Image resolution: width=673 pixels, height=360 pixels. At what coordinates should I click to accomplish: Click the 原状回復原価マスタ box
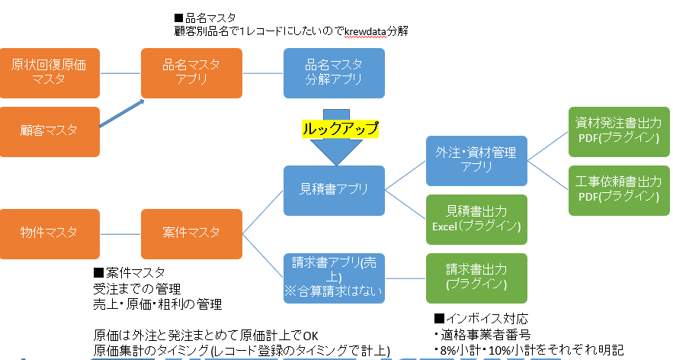(x=50, y=73)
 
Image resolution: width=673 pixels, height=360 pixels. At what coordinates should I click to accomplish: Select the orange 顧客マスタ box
(x=50, y=131)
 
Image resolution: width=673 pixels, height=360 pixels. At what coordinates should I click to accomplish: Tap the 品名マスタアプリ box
(x=191, y=73)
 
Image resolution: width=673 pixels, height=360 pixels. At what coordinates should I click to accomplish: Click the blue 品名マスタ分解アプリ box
(x=334, y=73)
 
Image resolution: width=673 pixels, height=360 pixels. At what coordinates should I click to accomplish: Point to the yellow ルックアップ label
(x=338, y=128)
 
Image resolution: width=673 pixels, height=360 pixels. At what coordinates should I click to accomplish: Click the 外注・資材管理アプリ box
(x=476, y=161)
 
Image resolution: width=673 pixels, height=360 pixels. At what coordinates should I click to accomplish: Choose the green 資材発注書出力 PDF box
(x=618, y=128)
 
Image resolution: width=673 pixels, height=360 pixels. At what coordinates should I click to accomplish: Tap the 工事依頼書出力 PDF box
(x=618, y=190)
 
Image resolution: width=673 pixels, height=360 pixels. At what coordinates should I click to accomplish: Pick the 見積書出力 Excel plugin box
(x=476, y=219)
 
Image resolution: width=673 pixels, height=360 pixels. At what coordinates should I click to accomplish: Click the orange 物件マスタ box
(x=50, y=232)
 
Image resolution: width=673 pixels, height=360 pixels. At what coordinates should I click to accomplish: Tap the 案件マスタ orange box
(x=191, y=232)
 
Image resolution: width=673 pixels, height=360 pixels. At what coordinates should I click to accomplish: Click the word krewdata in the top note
(x=367, y=31)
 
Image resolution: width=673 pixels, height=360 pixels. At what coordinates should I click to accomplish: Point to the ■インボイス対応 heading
(x=480, y=318)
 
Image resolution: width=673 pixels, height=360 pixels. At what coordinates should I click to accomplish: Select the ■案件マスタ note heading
(x=129, y=272)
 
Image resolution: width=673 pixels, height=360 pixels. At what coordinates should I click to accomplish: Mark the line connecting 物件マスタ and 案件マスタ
(x=120, y=232)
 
